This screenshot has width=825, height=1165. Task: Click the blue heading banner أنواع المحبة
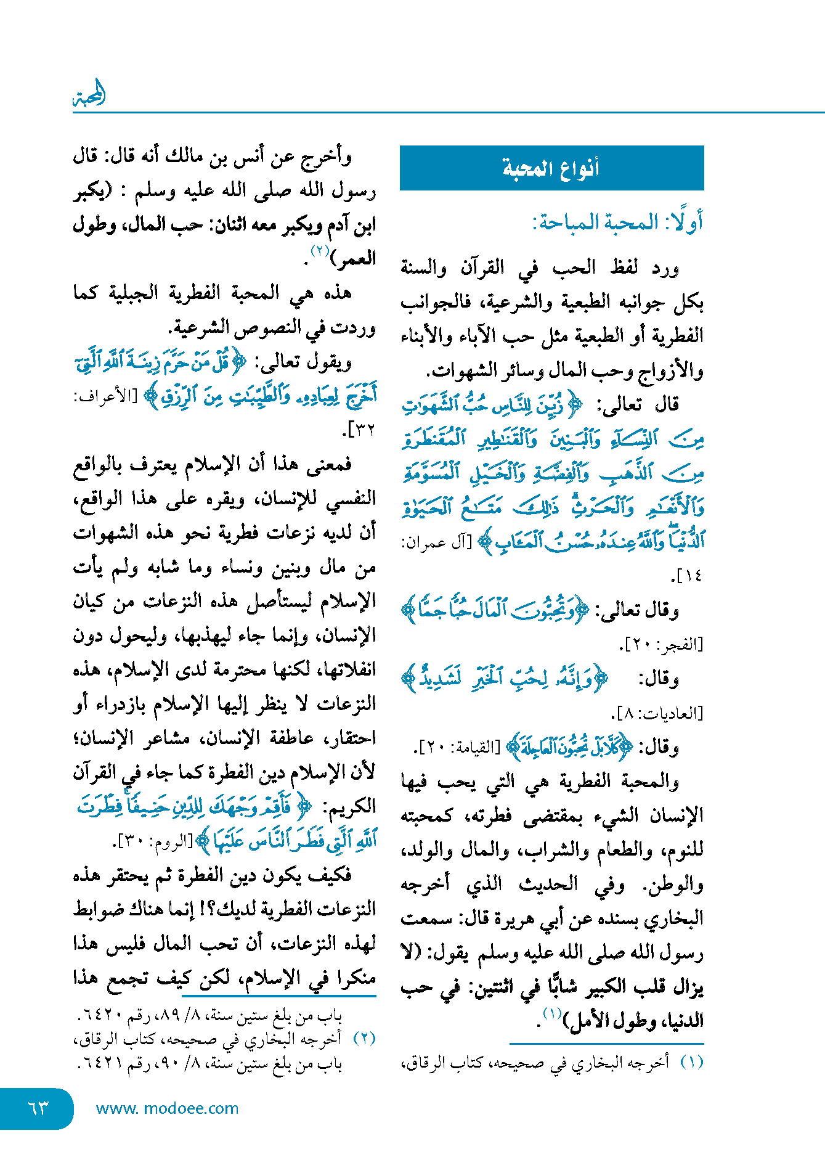pos(551,168)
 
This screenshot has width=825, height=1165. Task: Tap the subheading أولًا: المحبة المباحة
pos(617,222)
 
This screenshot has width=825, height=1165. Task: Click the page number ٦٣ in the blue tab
pos(38,1108)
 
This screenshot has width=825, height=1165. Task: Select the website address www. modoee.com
pos(167,1108)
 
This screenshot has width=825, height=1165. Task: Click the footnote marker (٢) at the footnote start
pos(364,1039)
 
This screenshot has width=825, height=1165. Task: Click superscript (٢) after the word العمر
pos(320,251)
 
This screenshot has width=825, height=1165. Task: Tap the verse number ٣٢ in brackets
pos(361,430)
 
